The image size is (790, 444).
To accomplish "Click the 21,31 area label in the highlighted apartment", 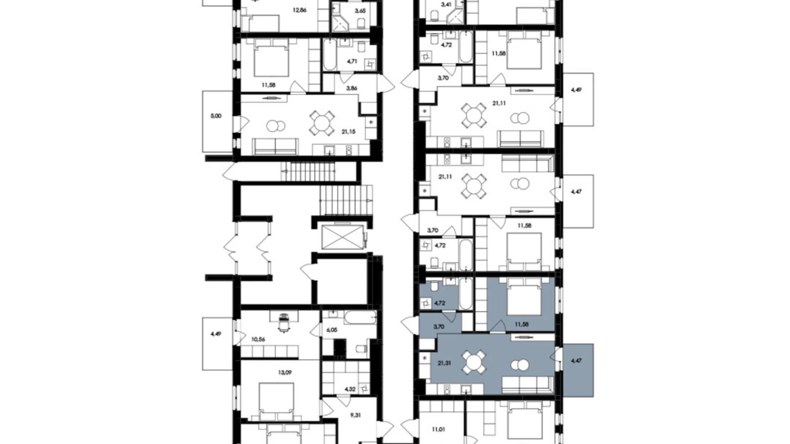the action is tap(444, 363).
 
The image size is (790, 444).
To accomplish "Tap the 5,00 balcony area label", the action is tap(216, 116).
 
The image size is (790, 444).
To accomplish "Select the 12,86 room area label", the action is tap(299, 10).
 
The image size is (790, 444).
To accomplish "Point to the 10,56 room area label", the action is tap(258, 339).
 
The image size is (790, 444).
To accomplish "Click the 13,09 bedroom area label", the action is tap(285, 372).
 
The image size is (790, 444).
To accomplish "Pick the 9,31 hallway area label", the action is tap(355, 415).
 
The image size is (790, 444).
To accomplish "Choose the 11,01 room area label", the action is tap(439, 429).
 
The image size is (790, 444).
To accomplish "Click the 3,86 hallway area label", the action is tap(351, 88).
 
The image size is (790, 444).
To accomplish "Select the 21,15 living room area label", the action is tap(348, 132).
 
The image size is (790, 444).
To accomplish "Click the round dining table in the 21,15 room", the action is tap(322, 123).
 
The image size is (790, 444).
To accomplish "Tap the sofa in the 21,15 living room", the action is tap(276, 146).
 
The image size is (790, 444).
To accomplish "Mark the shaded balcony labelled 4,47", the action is tap(578, 370).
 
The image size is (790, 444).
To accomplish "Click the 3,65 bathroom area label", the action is tap(360, 10).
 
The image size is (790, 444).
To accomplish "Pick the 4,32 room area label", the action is tap(350, 389).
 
